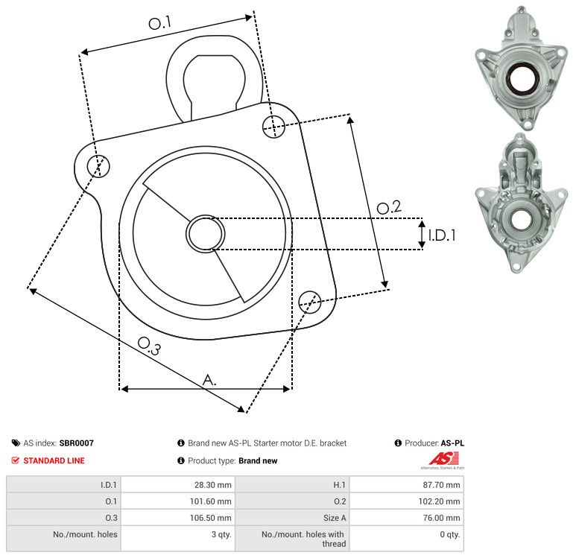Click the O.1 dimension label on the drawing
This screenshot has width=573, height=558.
(159, 22)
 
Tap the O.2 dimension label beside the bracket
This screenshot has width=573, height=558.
(389, 207)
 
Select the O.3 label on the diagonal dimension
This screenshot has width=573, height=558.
(149, 346)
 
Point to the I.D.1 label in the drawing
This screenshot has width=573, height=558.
(442, 235)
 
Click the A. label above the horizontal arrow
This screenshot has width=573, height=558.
(209, 380)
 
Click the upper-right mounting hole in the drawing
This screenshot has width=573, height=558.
(273, 127)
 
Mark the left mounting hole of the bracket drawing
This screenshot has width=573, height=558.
(98, 166)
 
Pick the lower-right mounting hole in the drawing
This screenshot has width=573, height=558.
(310, 302)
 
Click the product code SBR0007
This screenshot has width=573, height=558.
(77, 443)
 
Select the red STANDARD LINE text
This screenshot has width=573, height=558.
(54, 460)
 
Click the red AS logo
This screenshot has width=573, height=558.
(443, 458)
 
